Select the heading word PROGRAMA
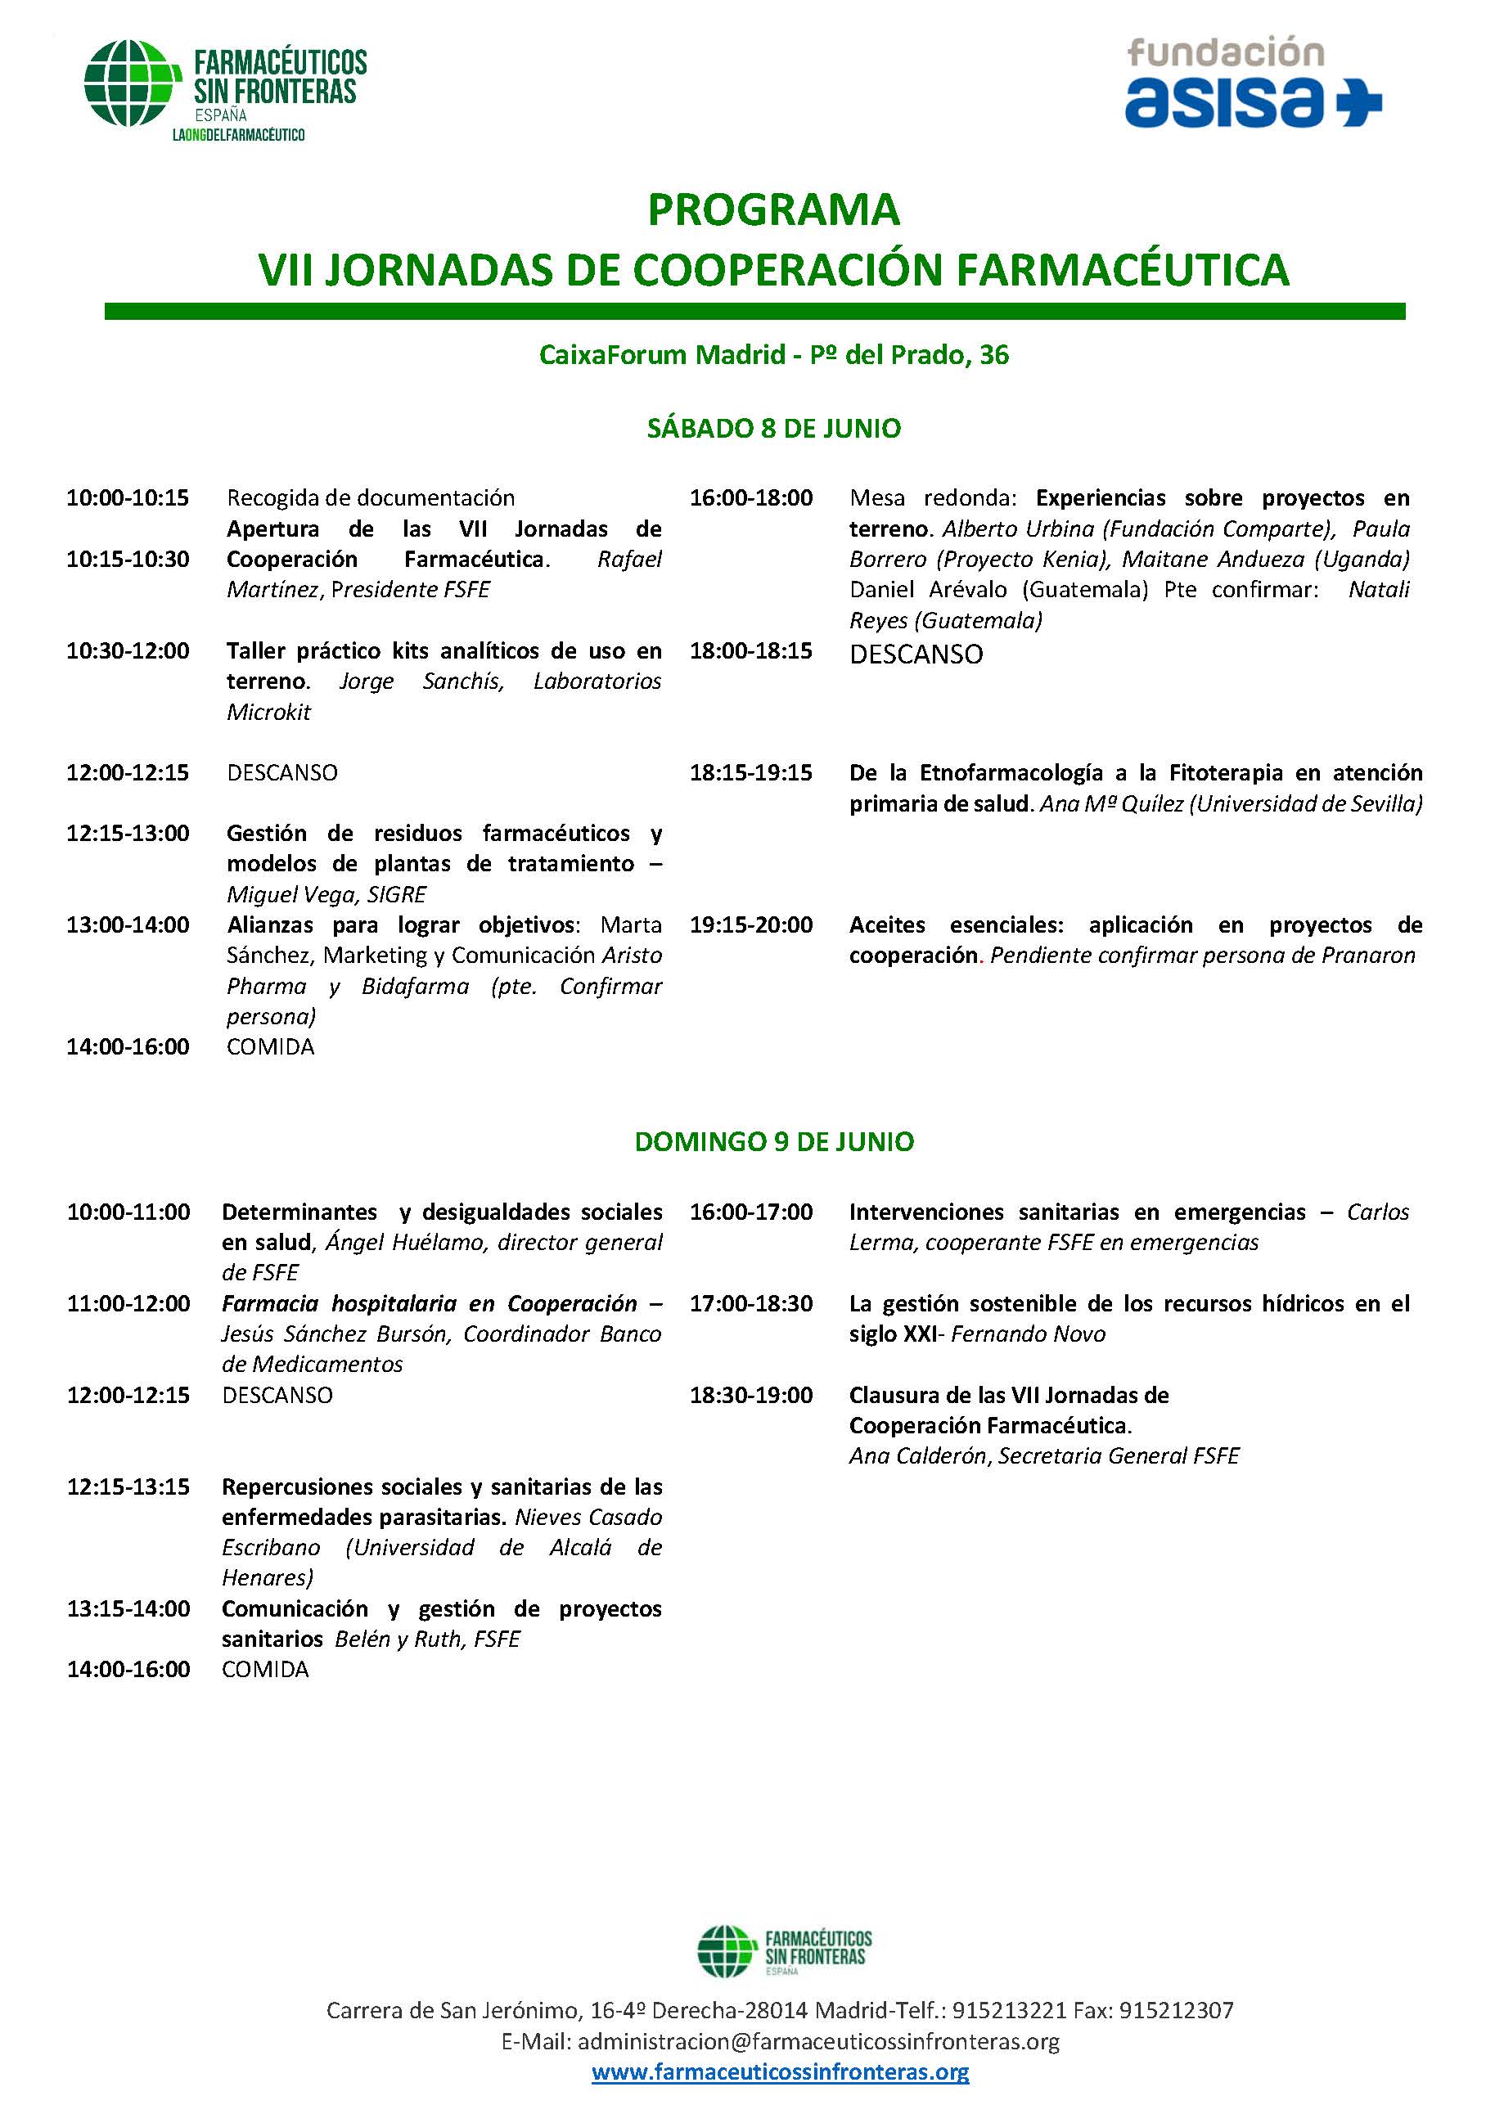coord(773,210)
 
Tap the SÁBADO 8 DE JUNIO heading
coord(773,429)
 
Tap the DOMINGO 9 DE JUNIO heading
coord(773,1142)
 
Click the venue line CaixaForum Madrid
coord(773,355)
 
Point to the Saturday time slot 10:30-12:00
coord(128,650)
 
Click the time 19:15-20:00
coord(751,925)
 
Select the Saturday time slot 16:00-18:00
coord(751,498)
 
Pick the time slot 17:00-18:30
coord(751,1303)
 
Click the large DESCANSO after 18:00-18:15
coord(916,654)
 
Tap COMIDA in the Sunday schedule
coord(265,1670)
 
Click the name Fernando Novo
coord(1029,1334)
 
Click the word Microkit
coord(268,712)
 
